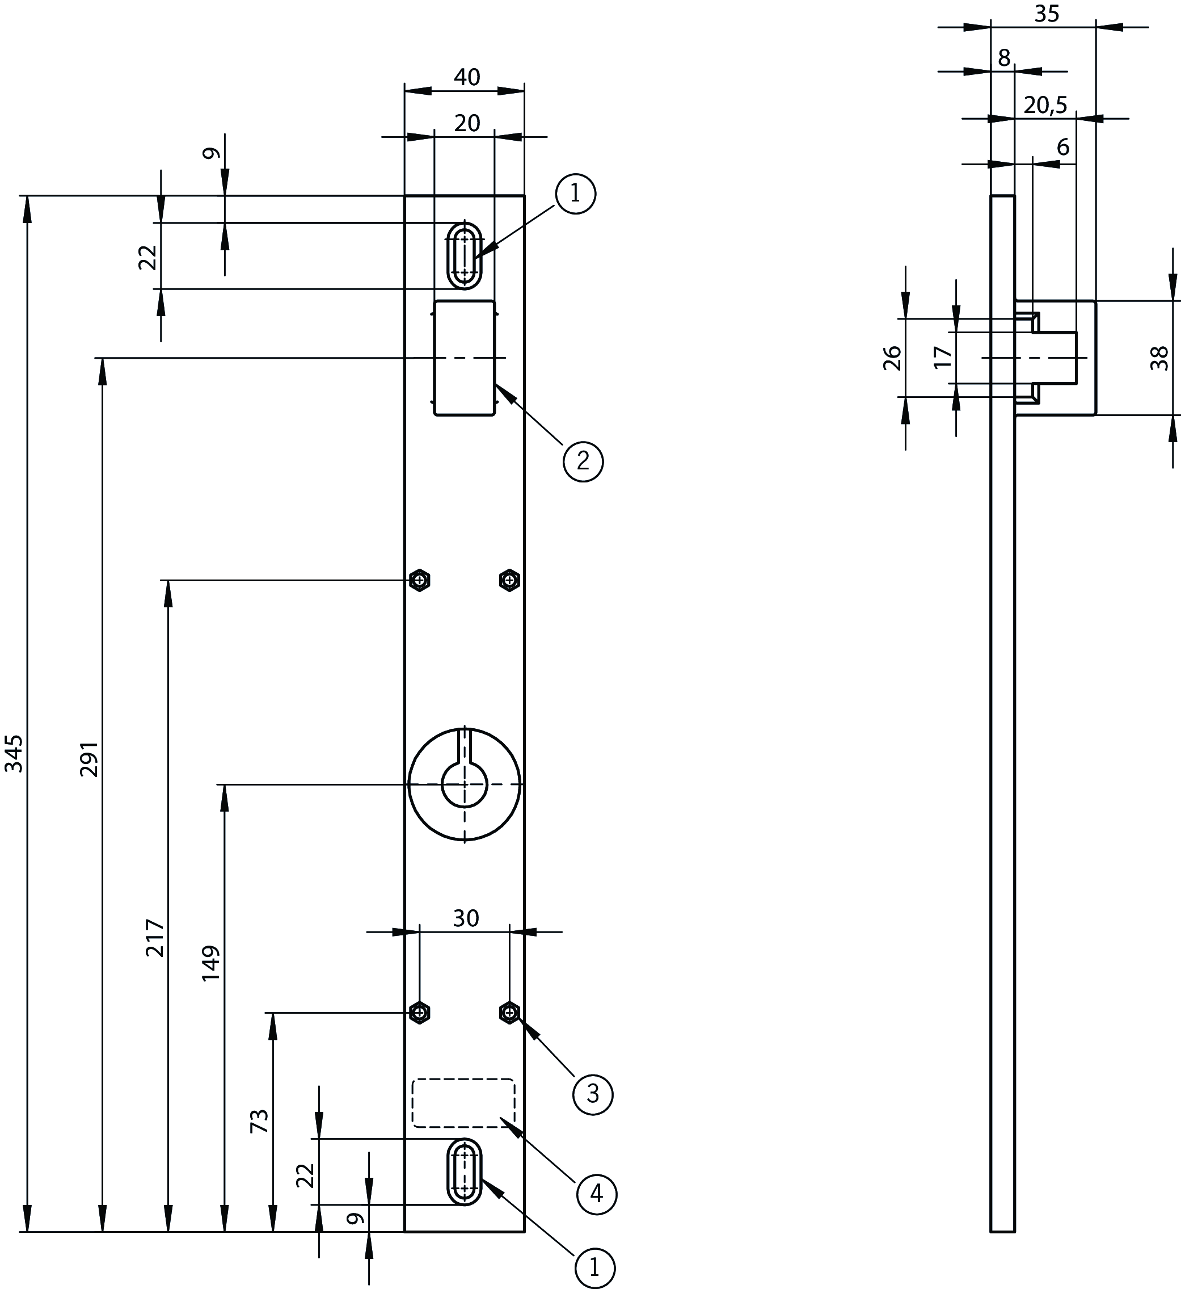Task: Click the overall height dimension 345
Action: point(14,753)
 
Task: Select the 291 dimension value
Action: point(90,759)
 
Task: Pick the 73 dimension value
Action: point(259,1122)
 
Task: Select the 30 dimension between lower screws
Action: point(466,918)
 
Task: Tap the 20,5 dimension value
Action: point(1045,105)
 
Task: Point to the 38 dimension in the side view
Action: point(1159,358)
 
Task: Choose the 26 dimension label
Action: point(892,358)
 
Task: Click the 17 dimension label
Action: point(943,357)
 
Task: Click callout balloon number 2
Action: point(583,461)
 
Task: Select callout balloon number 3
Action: point(592,1094)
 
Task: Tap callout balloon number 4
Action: point(596,1193)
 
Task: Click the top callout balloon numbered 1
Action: point(575,193)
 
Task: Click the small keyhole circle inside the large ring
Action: point(465,784)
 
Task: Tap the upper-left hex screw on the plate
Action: point(419,580)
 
